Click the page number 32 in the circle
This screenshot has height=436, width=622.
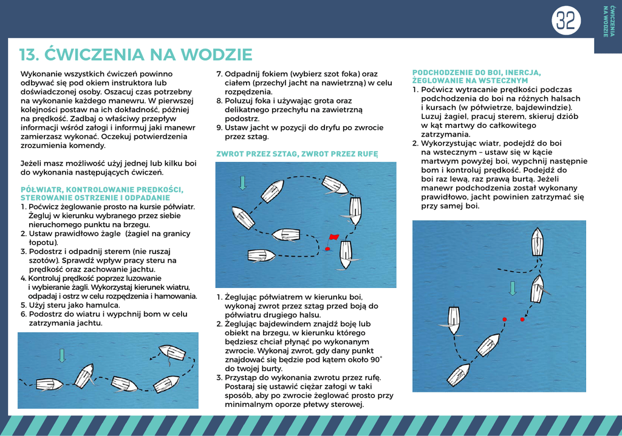coord(566,21)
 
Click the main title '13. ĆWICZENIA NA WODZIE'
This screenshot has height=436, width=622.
coord(135,55)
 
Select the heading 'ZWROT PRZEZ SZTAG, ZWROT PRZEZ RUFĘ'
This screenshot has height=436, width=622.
coord(297,154)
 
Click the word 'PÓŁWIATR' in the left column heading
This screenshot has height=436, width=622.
coord(42,190)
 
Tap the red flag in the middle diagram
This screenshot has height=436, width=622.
coord(333,236)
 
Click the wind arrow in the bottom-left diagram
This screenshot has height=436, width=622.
coord(61,355)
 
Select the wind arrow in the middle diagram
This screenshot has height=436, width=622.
coord(243,182)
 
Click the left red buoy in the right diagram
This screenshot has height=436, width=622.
coord(504,319)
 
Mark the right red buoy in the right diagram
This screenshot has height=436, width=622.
coord(522,319)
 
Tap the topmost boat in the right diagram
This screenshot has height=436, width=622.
coord(538,241)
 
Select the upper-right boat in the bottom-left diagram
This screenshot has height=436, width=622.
coord(172,352)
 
